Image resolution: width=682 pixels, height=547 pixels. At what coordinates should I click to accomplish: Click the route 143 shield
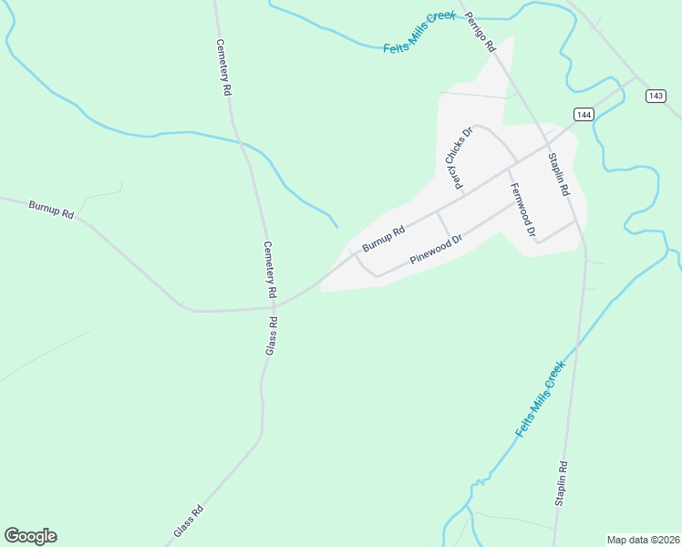coord(656,96)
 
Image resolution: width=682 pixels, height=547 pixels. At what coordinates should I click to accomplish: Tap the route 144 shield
coord(584,114)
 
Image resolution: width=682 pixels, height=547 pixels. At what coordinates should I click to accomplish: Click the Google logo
coord(30,536)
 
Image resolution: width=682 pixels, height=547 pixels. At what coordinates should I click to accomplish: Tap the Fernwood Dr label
coord(522,211)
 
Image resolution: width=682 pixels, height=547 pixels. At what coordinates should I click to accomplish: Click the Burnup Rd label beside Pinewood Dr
coord(382,240)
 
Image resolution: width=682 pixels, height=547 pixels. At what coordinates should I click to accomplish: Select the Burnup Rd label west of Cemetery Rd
coord(51,210)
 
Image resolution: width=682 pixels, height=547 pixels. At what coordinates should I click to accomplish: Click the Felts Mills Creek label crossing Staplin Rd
coord(541,398)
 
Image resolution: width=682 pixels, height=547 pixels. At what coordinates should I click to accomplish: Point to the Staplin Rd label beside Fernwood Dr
coord(558,174)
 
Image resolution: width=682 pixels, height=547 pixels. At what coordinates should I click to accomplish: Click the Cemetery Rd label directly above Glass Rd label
coord(269,271)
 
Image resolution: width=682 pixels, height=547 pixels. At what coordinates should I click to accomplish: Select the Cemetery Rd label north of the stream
coord(224,68)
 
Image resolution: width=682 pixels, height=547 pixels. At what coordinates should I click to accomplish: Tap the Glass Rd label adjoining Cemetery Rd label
coord(271,336)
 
